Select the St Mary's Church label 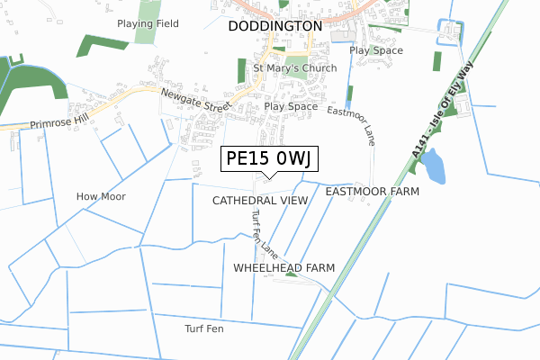pyautogui.click(x=294, y=68)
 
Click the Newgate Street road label pyautogui.click(x=195, y=100)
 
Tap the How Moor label pyautogui.click(x=101, y=196)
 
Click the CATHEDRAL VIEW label pyautogui.click(x=260, y=200)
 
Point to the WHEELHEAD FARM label pyautogui.click(x=283, y=268)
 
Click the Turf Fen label pyautogui.click(x=204, y=328)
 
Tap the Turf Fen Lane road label pyautogui.click(x=265, y=232)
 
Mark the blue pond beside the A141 pyautogui.click(x=432, y=166)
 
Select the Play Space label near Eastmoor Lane pyautogui.click(x=291, y=106)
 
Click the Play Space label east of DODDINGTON pyautogui.click(x=375, y=51)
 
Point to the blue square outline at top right pyautogui.click(x=447, y=32)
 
